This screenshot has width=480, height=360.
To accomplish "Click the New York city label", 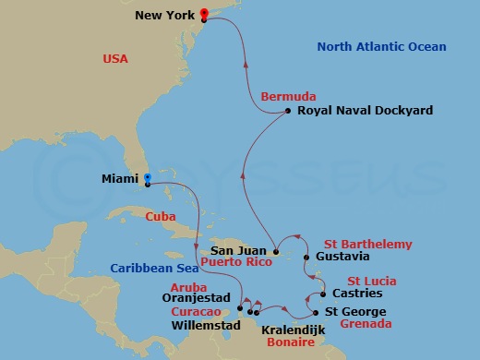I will (x=164, y=16).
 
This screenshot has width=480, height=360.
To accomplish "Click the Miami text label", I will (x=120, y=181).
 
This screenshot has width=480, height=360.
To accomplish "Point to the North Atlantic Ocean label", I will (x=381, y=47).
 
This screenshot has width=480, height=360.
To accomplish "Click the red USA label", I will (x=116, y=60).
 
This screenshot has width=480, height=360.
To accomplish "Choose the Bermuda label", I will (x=288, y=96).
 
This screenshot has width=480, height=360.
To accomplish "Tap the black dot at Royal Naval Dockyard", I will (x=288, y=111).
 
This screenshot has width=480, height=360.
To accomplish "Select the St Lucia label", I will (x=371, y=281).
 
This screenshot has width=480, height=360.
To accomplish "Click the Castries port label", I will (x=354, y=294).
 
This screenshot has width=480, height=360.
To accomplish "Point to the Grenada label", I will (x=366, y=324).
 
